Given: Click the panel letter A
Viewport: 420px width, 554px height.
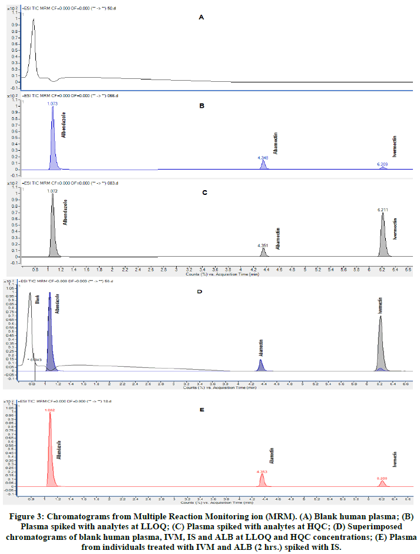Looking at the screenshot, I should [x=201, y=18].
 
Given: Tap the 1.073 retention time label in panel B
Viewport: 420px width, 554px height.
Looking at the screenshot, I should [x=53, y=103].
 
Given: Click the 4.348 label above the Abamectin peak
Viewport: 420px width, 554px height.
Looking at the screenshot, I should [x=263, y=158].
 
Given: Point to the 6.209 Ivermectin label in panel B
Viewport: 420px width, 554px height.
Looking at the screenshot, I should [x=383, y=164].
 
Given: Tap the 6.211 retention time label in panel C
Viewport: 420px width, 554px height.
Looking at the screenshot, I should [x=383, y=209].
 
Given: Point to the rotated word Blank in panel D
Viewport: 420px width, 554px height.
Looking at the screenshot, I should [x=37, y=298].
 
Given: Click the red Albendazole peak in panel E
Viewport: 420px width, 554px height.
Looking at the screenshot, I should [x=51, y=442].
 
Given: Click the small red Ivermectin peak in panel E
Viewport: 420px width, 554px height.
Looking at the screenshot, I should [x=382, y=483].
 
